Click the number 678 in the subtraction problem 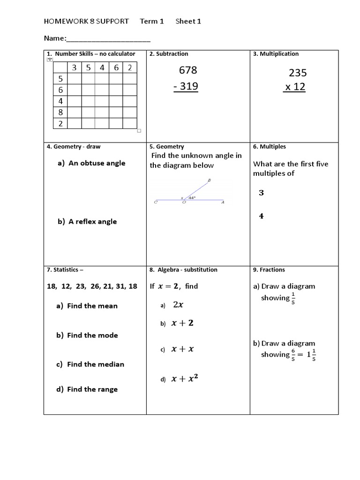pyautogui.click(x=188, y=70)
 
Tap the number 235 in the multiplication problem pyautogui.click(x=298, y=73)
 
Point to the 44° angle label pyautogui.click(x=192, y=198)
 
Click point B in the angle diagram pyautogui.click(x=209, y=180)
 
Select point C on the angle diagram pyautogui.click(x=156, y=202)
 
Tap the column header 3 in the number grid pyautogui.click(x=75, y=67)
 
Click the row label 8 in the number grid pyautogui.click(x=60, y=112)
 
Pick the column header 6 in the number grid pyautogui.click(x=116, y=67)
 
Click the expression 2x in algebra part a pyautogui.click(x=178, y=305)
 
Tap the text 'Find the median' pyautogui.click(x=96, y=364)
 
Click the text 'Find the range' pyautogui.click(x=92, y=389)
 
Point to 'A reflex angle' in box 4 pyautogui.click(x=92, y=221)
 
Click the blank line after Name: pyautogui.click(x=108, y=38)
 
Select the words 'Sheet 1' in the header pyautogui.click(x=188, y=22)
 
